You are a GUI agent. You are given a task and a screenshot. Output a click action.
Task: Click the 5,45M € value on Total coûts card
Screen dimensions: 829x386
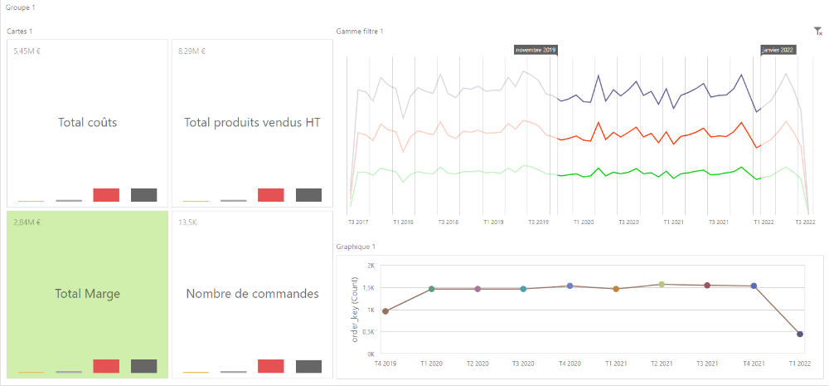point(27,51)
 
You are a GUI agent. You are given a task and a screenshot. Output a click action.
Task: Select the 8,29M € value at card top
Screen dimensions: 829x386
point(192,51)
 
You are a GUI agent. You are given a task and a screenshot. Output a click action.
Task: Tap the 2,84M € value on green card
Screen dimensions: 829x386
point(27,222)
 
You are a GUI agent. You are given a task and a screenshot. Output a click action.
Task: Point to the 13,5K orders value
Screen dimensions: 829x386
point(187,222)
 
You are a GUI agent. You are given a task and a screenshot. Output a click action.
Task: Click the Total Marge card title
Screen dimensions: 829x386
point(87,294)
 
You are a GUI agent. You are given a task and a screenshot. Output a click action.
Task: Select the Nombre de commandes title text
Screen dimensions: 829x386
point(252,293)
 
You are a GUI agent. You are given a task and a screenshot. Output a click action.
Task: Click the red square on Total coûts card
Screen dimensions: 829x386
point(106,195)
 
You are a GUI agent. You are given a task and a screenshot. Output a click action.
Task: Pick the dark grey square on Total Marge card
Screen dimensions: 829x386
point(143,366)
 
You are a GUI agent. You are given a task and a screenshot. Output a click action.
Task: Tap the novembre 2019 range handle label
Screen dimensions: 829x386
point(536,50)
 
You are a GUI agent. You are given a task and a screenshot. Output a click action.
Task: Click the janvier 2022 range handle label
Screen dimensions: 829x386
point(778,50)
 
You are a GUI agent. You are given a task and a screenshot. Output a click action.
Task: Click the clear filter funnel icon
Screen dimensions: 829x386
point(818,32)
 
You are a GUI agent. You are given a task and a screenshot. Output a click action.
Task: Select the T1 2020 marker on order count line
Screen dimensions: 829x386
point(431,289)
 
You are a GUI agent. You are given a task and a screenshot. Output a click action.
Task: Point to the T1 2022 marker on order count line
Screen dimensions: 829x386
point(800,334)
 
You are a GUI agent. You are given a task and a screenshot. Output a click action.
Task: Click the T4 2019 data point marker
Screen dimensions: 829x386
point(385,311)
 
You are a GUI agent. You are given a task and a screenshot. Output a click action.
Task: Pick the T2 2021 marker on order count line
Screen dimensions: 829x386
point(662,285)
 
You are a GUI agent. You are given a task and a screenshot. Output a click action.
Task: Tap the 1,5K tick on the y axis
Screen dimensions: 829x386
point(369,288)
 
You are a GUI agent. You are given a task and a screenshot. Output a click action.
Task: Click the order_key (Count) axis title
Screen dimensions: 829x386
point(356,310)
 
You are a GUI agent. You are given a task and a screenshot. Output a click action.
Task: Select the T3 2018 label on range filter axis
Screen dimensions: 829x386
point(448,222)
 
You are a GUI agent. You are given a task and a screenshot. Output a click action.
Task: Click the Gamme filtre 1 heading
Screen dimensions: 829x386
point(360,32)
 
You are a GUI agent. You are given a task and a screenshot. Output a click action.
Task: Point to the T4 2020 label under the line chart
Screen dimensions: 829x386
point(570,364)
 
